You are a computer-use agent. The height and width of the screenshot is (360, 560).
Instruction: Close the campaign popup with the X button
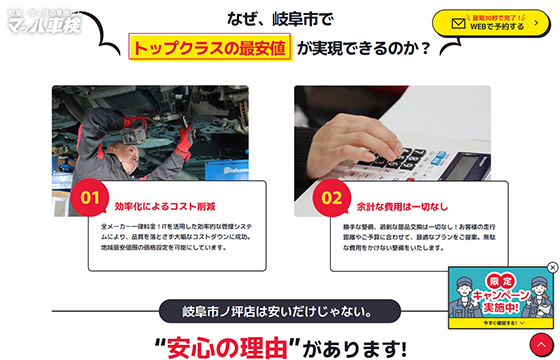coord(552,268)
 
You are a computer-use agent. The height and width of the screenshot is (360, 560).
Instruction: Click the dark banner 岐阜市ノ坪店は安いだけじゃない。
coord(280,310)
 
